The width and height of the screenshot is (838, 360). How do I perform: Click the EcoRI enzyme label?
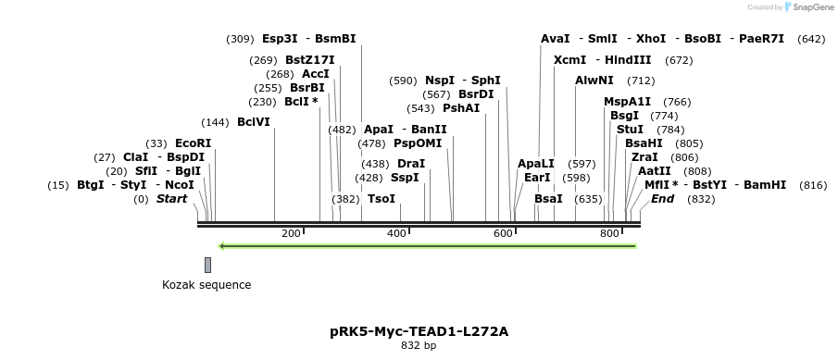pyautogui.click(x=193, y=143)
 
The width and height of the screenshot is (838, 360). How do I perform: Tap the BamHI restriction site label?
pyautogui.click(x=765, y=185)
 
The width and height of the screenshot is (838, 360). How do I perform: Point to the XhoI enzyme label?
pyautogui.click(x=650, y=39)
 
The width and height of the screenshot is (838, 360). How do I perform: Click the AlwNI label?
pyautogui.click(x=594, y=81)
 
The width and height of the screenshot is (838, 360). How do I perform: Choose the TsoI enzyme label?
pyautogui.click(x=381, y=199)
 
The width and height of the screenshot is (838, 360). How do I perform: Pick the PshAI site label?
pyautogui.click(x=462, y=108)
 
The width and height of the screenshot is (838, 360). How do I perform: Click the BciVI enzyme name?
pyautogui.click(x=254, y=122)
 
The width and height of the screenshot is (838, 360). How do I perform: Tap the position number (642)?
pyautogui.click(x=811, y=39)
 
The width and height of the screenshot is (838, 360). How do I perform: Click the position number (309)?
pyautogui.click(x=240, y=39)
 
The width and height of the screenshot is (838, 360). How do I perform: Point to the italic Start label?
pyautogui.click(x=171, y=199)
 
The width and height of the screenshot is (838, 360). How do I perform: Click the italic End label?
pyautogui.click(x=662, y=199)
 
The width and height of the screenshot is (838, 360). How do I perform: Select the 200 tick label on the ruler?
pyautogui.click(x=291, y=233)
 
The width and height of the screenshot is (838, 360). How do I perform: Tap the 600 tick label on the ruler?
pyautogui.click(x=503, y=233)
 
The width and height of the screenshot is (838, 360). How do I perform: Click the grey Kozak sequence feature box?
pyautogui.click(x=208, y=265)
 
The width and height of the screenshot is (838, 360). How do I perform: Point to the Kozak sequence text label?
pyautogui.click(x=206, y=285)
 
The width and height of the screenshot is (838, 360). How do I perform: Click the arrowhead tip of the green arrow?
pyautogui.click(x=219, y=246)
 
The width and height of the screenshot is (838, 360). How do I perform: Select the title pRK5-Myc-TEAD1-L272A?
pyautogui.click(x=419, y=330)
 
